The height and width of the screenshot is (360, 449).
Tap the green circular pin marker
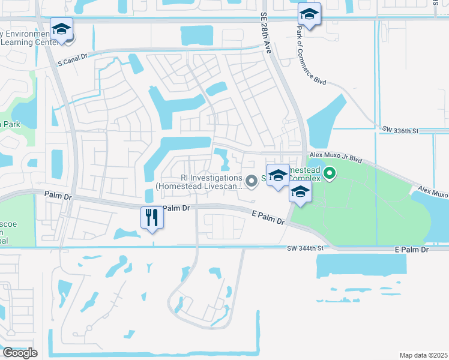click(x=330, y=175)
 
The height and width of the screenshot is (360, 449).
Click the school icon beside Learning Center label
click(x=61, y=29)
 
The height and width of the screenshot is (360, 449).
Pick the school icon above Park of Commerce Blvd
click(x=309, y=14)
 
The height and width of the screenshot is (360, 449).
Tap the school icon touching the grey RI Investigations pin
click(x=278, y=175)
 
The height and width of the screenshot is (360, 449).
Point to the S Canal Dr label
click(x=73, y=62)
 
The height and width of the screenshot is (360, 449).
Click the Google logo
click(x=20, y=353)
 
